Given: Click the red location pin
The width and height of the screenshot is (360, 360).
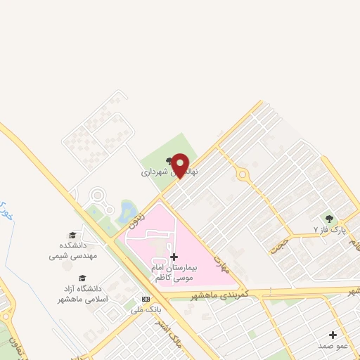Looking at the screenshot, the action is click(181, 165).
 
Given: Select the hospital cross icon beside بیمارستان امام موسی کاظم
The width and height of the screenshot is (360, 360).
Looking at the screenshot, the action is click(174, 257).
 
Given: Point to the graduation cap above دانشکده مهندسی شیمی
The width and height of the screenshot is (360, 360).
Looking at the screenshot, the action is click(72, 235).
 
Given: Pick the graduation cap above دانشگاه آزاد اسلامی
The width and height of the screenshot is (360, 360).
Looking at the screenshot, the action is click(82, 278).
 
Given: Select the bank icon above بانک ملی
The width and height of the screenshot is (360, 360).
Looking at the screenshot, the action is click(146, 298).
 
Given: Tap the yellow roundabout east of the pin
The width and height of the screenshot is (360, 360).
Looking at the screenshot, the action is click(242, 174).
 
